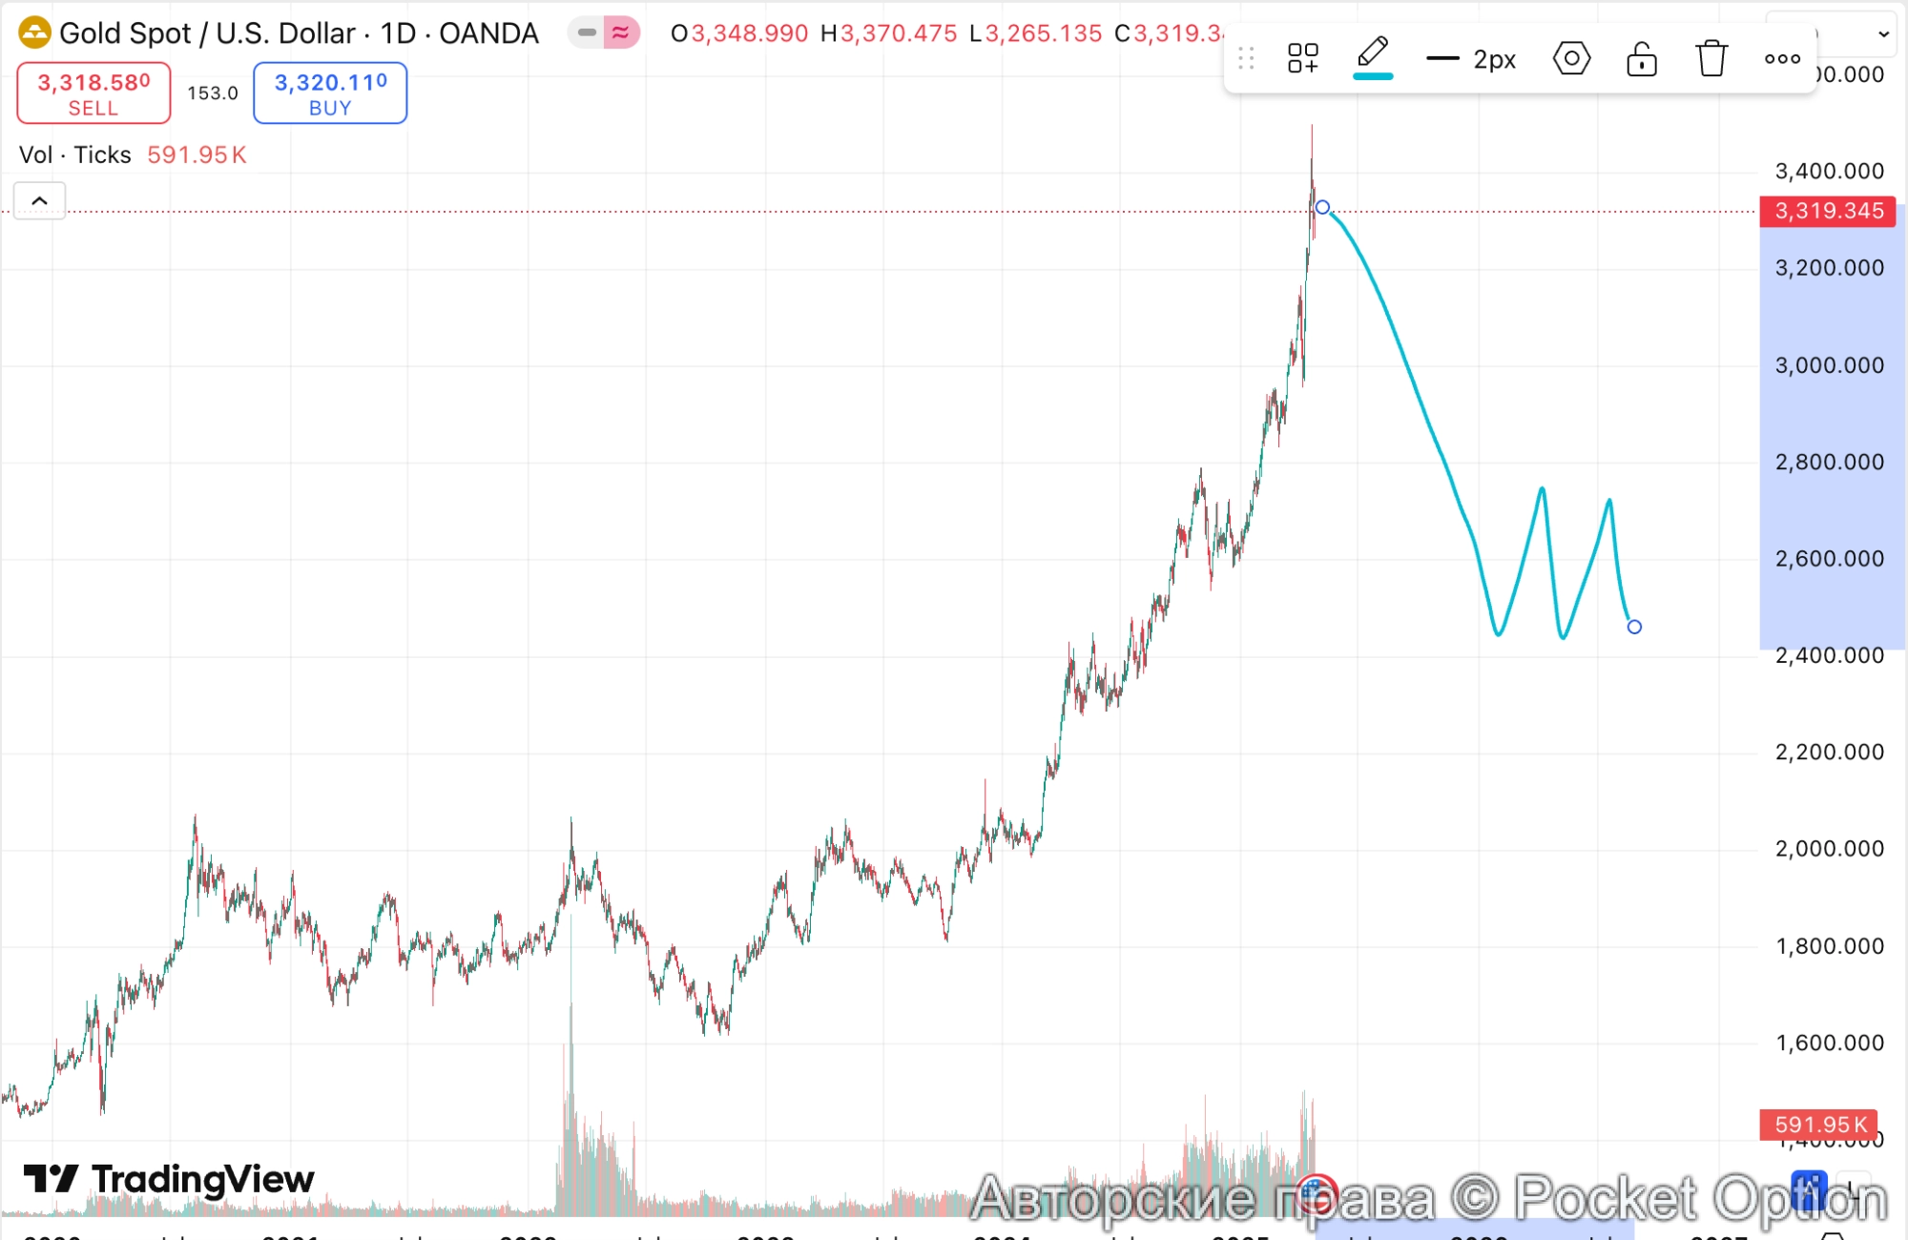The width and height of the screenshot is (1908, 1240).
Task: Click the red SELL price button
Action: pos(93,93)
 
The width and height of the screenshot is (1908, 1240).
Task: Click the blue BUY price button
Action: pos(330,93)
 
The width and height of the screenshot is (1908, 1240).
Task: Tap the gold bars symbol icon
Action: pos(34,33)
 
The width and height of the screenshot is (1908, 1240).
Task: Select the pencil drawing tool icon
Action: pos(1373,55)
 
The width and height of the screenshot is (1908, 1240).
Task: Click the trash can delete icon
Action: pos(1711,58)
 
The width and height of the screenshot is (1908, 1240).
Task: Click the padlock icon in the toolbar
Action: pos(1641,59)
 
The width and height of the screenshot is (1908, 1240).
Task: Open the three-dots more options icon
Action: pos(1782,59)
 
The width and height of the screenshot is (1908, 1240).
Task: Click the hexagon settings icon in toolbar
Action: pos(1571,59)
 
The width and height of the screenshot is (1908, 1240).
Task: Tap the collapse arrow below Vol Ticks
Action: pos(40,201)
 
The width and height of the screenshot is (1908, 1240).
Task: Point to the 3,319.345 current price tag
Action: pos(1828,211)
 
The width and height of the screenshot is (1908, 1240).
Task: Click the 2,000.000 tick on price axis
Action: pos(1829,849)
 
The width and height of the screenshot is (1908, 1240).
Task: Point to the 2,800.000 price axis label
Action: pos(1829,463)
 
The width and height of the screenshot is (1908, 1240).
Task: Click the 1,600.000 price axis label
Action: pos(1829,1044)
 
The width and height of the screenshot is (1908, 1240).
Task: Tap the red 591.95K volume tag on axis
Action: pos(1819,1125)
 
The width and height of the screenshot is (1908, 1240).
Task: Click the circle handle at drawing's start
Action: pos(1322,207)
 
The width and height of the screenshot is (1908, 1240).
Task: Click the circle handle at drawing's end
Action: pos(1634,627)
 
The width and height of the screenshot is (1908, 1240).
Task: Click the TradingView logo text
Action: pos(201,1180)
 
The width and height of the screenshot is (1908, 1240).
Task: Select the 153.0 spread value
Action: pos(212,93)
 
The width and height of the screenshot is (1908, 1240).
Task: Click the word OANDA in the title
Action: pos(488,33)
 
